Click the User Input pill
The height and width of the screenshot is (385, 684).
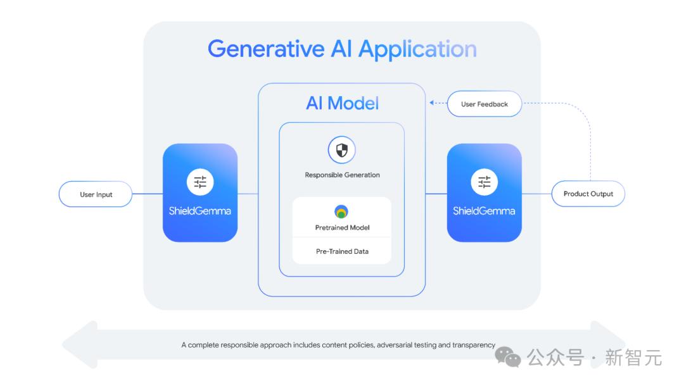[x=96, y=194]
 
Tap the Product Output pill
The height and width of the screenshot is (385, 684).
[x=588, y=194]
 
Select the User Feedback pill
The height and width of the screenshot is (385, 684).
[x=484, y=104]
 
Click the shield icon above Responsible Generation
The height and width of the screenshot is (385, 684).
[x=341, y=150]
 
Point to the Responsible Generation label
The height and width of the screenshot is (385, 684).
[x=342, y=175]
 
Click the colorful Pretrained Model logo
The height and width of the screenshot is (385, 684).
[x=341, y=211]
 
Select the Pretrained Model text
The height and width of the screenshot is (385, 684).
[x=342, y=227]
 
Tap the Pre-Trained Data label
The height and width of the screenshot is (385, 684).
[x=342, y=251]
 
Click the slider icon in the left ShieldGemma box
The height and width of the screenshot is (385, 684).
[x=199, y=182]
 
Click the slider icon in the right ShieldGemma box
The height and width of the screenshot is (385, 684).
[x=484, y=182]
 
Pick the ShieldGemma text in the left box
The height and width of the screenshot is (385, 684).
[x=199, y=211]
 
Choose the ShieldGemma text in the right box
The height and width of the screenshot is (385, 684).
[x=484, y=211]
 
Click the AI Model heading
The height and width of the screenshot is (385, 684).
[x=342, y=103]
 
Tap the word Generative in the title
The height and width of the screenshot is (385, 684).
[x=266, y=49]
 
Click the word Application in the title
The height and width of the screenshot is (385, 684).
[x=417, y=49]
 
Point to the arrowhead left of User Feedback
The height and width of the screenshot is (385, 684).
[x=431, y=103]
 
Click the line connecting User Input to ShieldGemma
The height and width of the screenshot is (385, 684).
[x=148, y=194]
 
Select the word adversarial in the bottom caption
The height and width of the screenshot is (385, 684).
[x=395, y=345]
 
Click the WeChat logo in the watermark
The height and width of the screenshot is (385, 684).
[x=507, y=357]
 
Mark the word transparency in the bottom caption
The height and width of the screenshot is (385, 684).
[x=474, y=345]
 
